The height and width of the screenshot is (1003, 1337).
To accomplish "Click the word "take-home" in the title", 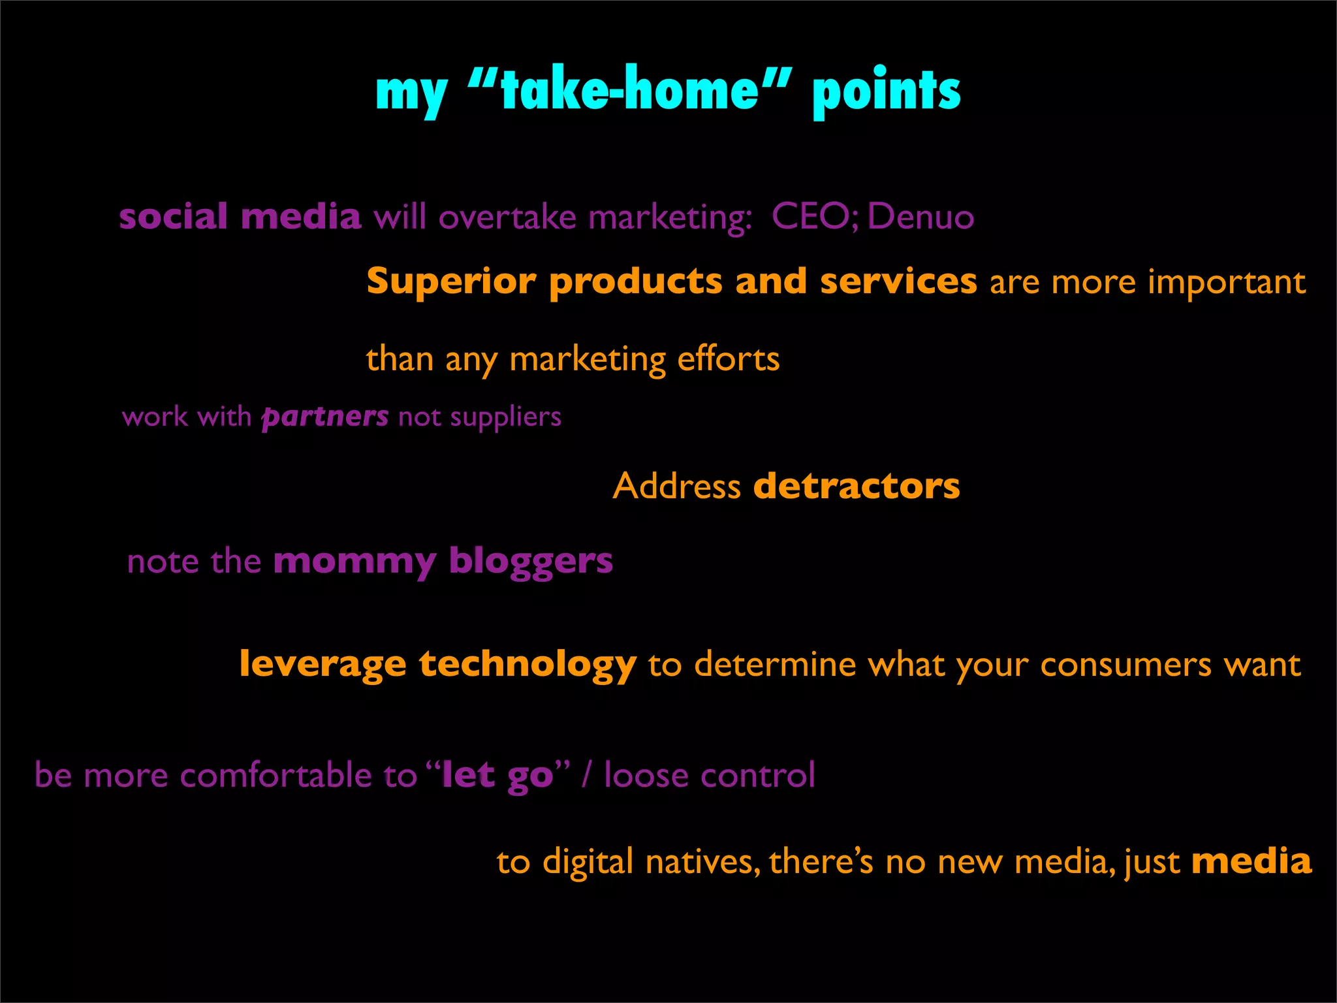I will point(629,90).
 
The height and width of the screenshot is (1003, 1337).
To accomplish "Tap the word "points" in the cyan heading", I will point(886,91).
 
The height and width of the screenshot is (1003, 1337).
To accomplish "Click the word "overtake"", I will point(507,217).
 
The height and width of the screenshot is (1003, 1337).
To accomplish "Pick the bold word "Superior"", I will point(451,282).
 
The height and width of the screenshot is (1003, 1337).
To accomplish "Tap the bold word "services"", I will point(898,281).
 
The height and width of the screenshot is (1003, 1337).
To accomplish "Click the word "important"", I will point(1227,282).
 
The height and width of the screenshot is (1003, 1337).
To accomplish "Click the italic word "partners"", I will point(325,417).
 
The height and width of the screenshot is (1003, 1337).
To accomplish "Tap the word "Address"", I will point(676,486).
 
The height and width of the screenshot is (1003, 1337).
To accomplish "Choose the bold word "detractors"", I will point(857,486).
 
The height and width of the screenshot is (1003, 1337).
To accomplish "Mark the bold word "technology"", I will point(527,665).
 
